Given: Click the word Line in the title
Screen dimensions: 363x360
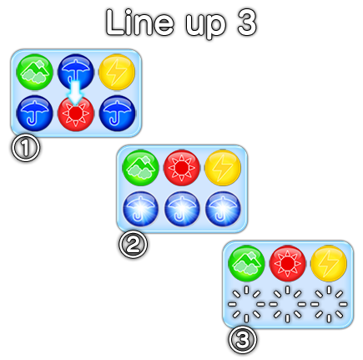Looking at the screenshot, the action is click(x=140, y=22).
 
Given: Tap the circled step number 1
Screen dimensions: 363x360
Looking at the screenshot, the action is click(x=26, y=148).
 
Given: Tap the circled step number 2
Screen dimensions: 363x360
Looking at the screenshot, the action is click(x=134, y=244).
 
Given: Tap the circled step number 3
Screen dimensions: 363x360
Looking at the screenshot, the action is click(x=243, y=340).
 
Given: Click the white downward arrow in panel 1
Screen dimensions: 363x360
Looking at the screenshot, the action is click(x=76, y=91).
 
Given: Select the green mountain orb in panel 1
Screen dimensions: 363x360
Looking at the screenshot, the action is click(x=35, y=72).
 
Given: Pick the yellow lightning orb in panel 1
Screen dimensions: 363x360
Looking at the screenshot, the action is click(x=117, y=72).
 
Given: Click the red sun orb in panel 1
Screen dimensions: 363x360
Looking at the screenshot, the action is click(x=76, y=114).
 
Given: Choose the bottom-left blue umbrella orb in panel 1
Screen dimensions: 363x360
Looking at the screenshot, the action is click(x=35, y=113).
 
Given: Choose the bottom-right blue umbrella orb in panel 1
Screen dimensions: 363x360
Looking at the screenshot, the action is click(x=117, y=113).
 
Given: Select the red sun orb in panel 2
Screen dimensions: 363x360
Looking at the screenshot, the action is click(x=182, y=168).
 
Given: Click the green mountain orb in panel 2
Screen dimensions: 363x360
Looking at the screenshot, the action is click(x=140, y=168).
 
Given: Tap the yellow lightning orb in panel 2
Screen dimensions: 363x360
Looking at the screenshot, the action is click(x=223, y=168).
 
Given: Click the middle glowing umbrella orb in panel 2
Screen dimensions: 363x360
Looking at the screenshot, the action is click(x=182, y=209).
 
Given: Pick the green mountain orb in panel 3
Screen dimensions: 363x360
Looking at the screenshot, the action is click(x=246, y=263).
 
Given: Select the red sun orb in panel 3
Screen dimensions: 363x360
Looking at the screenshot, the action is click(x=287, y=263).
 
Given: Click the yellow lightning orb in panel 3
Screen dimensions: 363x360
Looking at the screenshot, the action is click(x=329, y=263).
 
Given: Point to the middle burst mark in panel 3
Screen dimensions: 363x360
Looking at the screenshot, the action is click(x=287, y=304).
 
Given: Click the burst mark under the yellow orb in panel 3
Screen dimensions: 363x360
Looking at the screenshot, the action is click(x=329, y=304).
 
